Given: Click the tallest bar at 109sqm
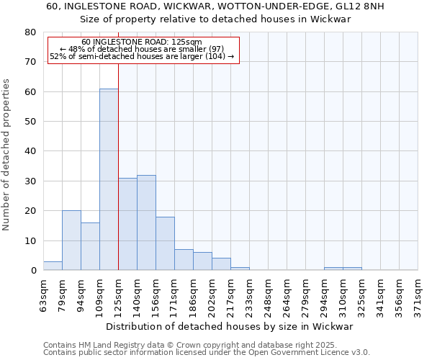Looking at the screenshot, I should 109,179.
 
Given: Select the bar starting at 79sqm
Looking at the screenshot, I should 71,240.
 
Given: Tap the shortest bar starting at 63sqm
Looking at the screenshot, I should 53,266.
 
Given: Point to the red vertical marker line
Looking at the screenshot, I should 118,166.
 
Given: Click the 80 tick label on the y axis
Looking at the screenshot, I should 30,32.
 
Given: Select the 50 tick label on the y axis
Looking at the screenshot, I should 30,122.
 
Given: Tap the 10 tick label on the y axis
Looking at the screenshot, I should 30,240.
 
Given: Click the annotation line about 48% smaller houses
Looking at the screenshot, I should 142,49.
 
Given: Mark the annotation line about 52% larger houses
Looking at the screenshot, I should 142,56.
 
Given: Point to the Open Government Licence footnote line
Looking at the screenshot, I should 207,352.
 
